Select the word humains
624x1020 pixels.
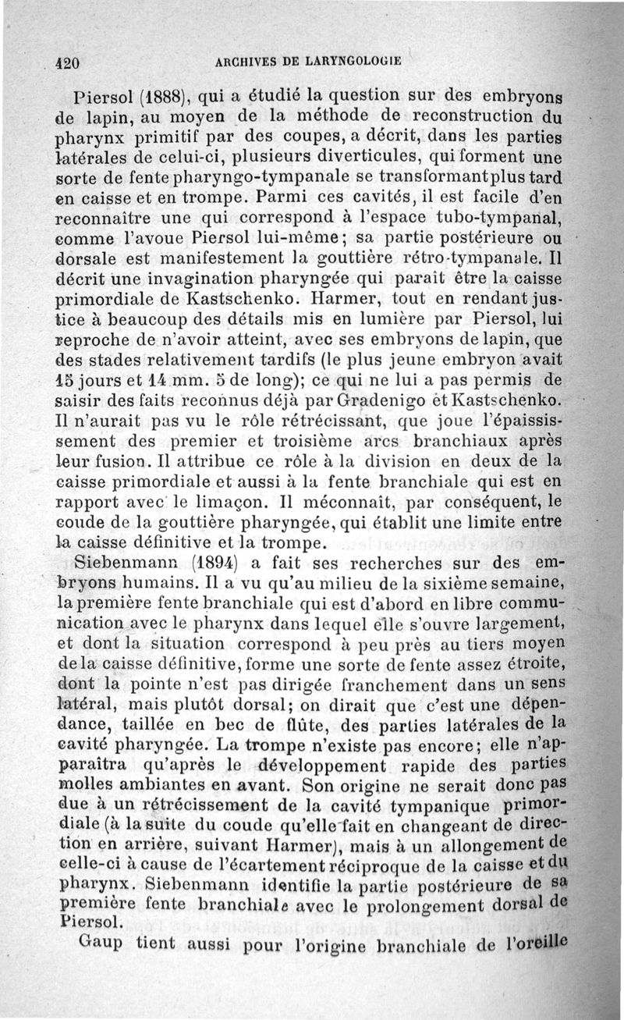(x=153, y=581)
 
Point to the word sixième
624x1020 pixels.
(x=477, y=581)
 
